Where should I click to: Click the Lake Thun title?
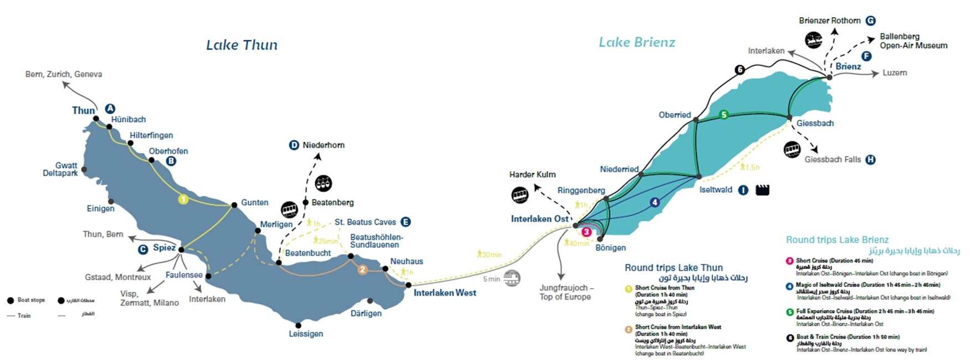(x=242, y=45)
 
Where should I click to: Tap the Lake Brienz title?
(x=637, y=42)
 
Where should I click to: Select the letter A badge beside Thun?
(x=110, y=109)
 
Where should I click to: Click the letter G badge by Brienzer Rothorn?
(x=870, y=21)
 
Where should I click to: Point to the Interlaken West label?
(x=445, y=293)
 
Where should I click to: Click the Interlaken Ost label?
(x=540, y=219)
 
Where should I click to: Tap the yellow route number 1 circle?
(x=183, y=199)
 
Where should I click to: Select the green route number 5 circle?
(x=723, y=115)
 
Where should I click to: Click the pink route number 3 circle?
(x=586, y=232)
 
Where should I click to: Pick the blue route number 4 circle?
(x=655, y=203)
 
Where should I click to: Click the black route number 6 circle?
(x=740, y=70)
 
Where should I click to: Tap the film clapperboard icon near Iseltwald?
(x=762, y=190)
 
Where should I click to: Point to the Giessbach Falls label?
(x=833, y=160)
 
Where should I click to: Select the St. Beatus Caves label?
(x=365, y=222)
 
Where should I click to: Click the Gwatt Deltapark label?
(x=60, y=169)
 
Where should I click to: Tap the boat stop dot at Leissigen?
(x=299, y=326)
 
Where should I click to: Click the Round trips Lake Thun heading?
(x=674, y=268)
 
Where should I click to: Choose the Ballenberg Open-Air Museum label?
(x=913, y=41)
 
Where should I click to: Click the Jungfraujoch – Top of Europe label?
(x=566, y=292)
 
